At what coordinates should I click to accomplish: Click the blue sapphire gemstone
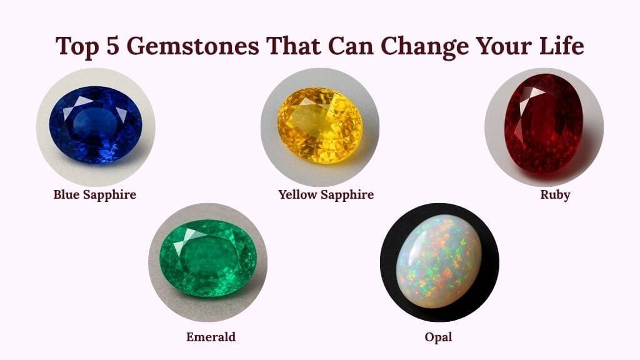(96, 125)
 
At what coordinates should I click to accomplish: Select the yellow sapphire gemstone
(319, 126)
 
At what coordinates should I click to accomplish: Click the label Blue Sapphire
(94, 194)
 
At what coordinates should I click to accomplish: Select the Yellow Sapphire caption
(326, 194)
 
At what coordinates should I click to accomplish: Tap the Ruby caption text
(555, 194)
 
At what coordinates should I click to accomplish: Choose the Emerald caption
(211, 337)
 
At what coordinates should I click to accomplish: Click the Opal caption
(437, 337)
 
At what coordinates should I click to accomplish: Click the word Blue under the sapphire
(66, 194)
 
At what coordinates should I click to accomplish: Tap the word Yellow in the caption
(297, 194)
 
